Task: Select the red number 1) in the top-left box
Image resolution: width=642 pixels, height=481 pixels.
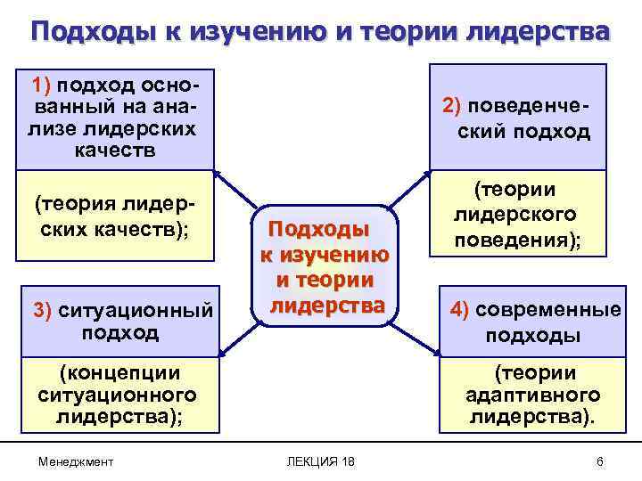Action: (44, 86)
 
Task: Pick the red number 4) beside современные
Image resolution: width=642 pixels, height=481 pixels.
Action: (460, 310)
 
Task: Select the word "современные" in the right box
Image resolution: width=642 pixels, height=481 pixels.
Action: (548, 310)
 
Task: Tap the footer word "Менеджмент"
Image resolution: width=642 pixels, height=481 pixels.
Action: (76, 461)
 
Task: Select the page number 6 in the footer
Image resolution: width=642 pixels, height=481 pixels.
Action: (599, 461)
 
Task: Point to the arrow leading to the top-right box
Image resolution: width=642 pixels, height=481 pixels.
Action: (412, 189)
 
